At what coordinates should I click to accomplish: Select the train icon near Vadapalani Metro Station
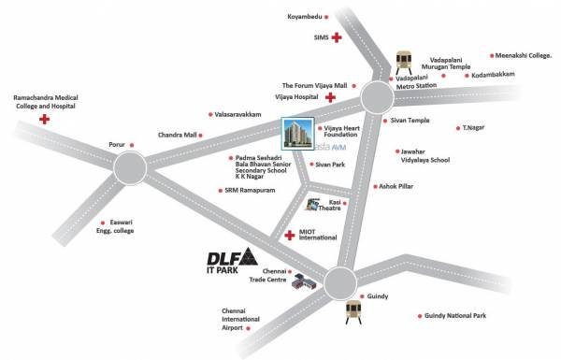coord(404,59)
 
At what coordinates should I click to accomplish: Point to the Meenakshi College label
coord(527,55)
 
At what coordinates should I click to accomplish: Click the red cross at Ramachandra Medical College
coord(43,120)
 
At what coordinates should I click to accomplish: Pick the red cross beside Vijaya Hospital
coord(330,96)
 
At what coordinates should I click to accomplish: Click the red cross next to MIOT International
coord(289,235)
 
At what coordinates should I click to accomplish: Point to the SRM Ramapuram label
coord(249,191)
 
